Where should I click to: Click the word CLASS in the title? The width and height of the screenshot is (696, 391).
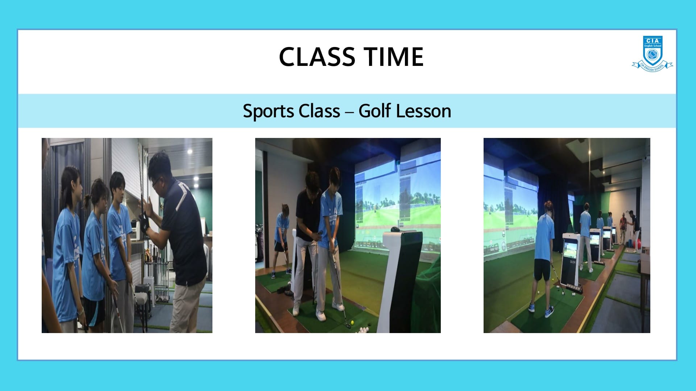click(x=317, y=57)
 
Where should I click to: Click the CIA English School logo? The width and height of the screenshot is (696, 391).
click(x=652, y=54)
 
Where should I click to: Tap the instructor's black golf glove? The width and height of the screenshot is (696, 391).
click(x=145, y=223)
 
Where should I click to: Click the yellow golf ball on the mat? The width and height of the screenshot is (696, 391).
click(x=352, y=322)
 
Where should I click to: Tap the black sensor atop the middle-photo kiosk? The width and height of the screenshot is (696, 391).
click(x=396, y=229)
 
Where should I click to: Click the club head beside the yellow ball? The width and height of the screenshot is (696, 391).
click(x=348, y=326)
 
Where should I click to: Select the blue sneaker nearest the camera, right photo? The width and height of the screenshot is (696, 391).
click(x=549, y=311)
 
